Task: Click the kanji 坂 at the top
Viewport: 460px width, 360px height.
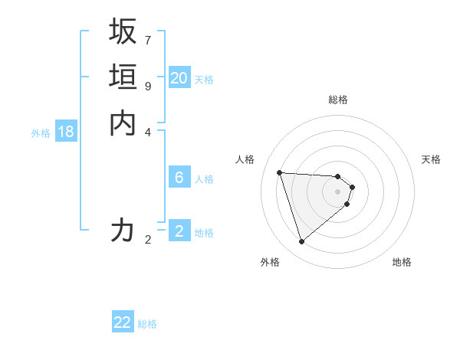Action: tap(123, 31)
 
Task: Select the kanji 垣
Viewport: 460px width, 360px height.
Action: tap(123, 77)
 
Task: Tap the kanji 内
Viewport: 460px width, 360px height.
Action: tap(123, 123)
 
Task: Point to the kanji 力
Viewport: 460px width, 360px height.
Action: tap(123, 230)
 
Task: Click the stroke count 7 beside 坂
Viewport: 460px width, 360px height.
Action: tap(148, 39)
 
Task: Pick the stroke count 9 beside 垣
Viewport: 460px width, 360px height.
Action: tap(148, 85)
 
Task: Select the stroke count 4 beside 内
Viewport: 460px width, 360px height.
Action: tap(148, 131)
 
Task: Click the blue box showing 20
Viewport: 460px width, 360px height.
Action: tap(179, 78)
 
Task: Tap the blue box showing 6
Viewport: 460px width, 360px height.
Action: tap(179, 178)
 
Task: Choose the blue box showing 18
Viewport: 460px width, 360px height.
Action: tap(66, 132)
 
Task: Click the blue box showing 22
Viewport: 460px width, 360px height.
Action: tap(123, 322)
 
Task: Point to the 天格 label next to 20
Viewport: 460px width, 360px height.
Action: tap(204, 79)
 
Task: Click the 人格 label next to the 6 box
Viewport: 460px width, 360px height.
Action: tap(204, 179)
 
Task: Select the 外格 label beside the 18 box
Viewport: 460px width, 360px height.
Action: tap(41, 133)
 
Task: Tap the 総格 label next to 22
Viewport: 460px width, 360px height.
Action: tap(147, 324)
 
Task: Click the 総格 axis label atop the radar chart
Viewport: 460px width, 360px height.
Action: tap(338, 100)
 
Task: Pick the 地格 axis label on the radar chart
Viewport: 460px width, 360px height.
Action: tap(402, 262)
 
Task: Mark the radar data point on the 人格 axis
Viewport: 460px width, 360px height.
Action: tap(280, 172)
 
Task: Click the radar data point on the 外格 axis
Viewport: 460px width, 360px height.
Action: tap(302, 242)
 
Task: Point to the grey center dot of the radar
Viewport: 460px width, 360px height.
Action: tap(338, 191)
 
